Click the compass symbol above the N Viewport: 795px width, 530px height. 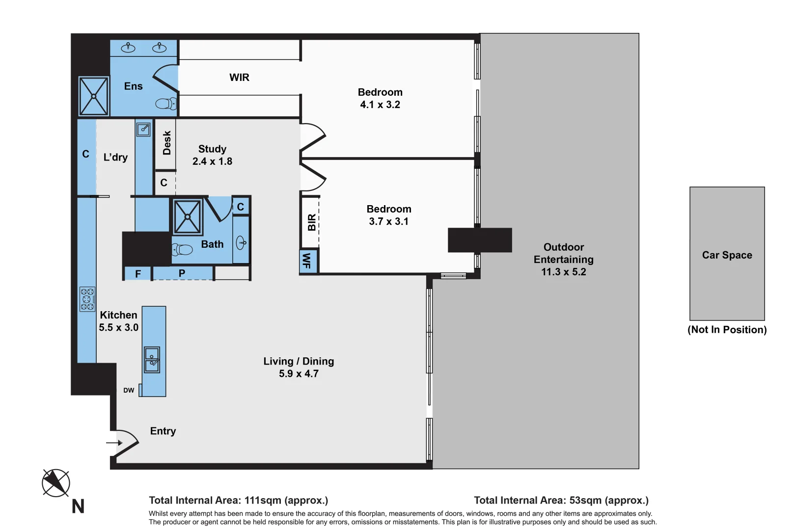(56, 483)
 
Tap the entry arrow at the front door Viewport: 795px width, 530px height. (114, 443)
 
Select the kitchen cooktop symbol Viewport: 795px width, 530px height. (87, 299)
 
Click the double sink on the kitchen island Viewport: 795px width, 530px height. (152, 360)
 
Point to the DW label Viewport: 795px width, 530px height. (129, 391)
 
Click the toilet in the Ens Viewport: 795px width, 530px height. (165, 104)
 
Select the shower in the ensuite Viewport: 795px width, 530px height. (93, 96)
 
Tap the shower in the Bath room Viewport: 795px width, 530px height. (188, 216)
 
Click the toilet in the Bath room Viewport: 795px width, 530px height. (182, 250)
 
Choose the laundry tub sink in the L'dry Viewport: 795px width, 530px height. (143, 129)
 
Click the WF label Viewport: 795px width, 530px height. (307, 261)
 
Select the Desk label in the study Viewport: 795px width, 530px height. (167, 143)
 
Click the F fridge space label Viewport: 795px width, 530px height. (138, 274)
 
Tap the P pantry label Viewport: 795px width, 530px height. (182, 273)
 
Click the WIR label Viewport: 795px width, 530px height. (239, 78)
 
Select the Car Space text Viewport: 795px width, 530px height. (727, 255)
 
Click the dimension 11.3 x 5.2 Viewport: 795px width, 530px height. (563, 272)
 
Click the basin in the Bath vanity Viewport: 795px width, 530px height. (241, 242)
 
